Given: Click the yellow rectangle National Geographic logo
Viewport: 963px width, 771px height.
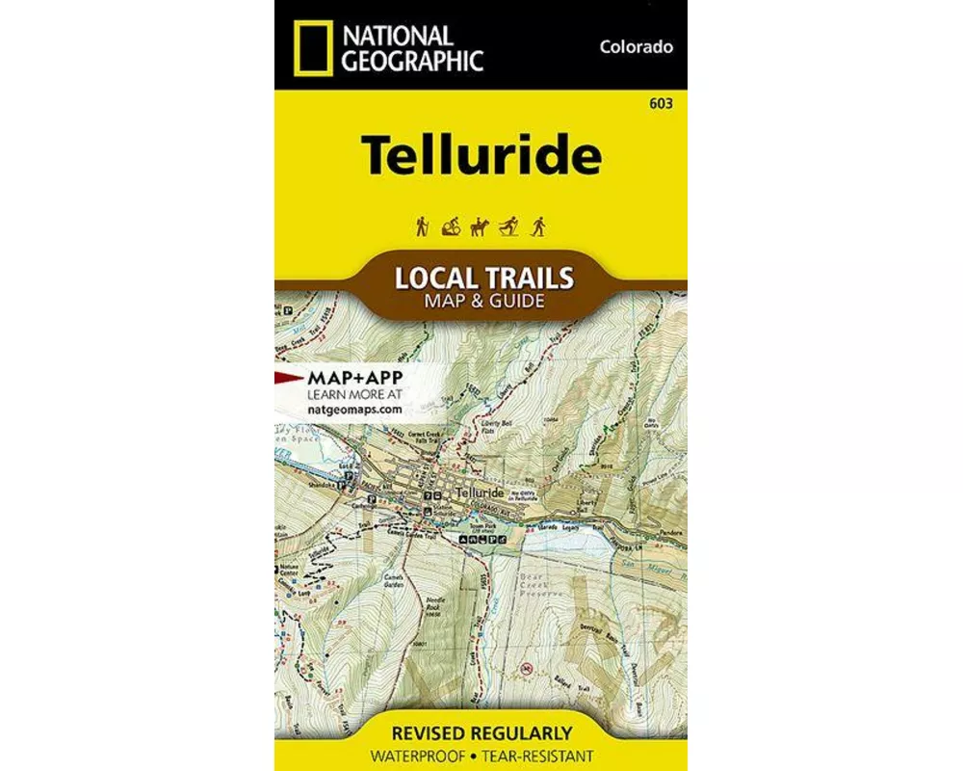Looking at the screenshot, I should [x=310, y=47].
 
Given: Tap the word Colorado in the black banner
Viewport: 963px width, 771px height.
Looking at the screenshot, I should [x=635, y=46].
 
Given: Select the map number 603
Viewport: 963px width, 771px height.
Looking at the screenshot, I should [x=662, y=104].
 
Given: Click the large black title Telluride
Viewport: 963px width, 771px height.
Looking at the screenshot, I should [x=481, y=156].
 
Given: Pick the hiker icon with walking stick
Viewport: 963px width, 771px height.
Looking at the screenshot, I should [x=422, y=226].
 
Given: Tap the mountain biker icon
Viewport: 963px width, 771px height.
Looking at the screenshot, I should [x=451, y=227].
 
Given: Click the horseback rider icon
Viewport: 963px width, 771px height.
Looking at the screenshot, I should [x=480, y=227].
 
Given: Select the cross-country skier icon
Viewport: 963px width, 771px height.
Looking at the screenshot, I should [x=509, y=226].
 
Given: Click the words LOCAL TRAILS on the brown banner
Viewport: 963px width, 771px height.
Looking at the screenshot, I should [x=483, y=279].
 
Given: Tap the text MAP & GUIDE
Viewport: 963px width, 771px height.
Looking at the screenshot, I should [x=483, y=301].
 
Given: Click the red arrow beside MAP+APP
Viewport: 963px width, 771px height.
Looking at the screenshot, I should [x=288, y=375].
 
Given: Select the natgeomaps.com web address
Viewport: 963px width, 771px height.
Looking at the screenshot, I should [x=353, y=409].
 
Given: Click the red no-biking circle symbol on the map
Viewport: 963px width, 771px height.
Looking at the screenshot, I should [x=525, y=667].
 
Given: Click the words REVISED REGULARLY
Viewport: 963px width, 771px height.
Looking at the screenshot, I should [x=481, y=732].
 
